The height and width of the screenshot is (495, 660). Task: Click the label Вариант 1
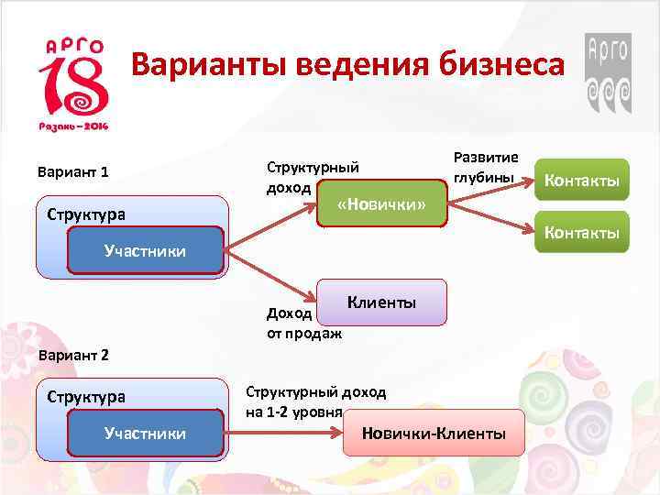click(72, 171)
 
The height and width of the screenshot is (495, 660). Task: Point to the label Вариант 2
click(72, 354)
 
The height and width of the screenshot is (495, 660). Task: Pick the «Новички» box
click(381, 203)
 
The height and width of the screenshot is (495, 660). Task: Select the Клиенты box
click(382, 302)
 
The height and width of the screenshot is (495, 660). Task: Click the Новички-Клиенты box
click(434, 434)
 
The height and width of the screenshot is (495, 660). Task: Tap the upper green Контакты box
click(582, 181)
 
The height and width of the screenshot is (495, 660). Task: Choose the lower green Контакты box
click(582, 233)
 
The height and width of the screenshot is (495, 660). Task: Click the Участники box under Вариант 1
click(145, 250)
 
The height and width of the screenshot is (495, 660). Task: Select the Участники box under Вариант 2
click(145, 433)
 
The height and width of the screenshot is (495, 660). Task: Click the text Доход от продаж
click(302, 323)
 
